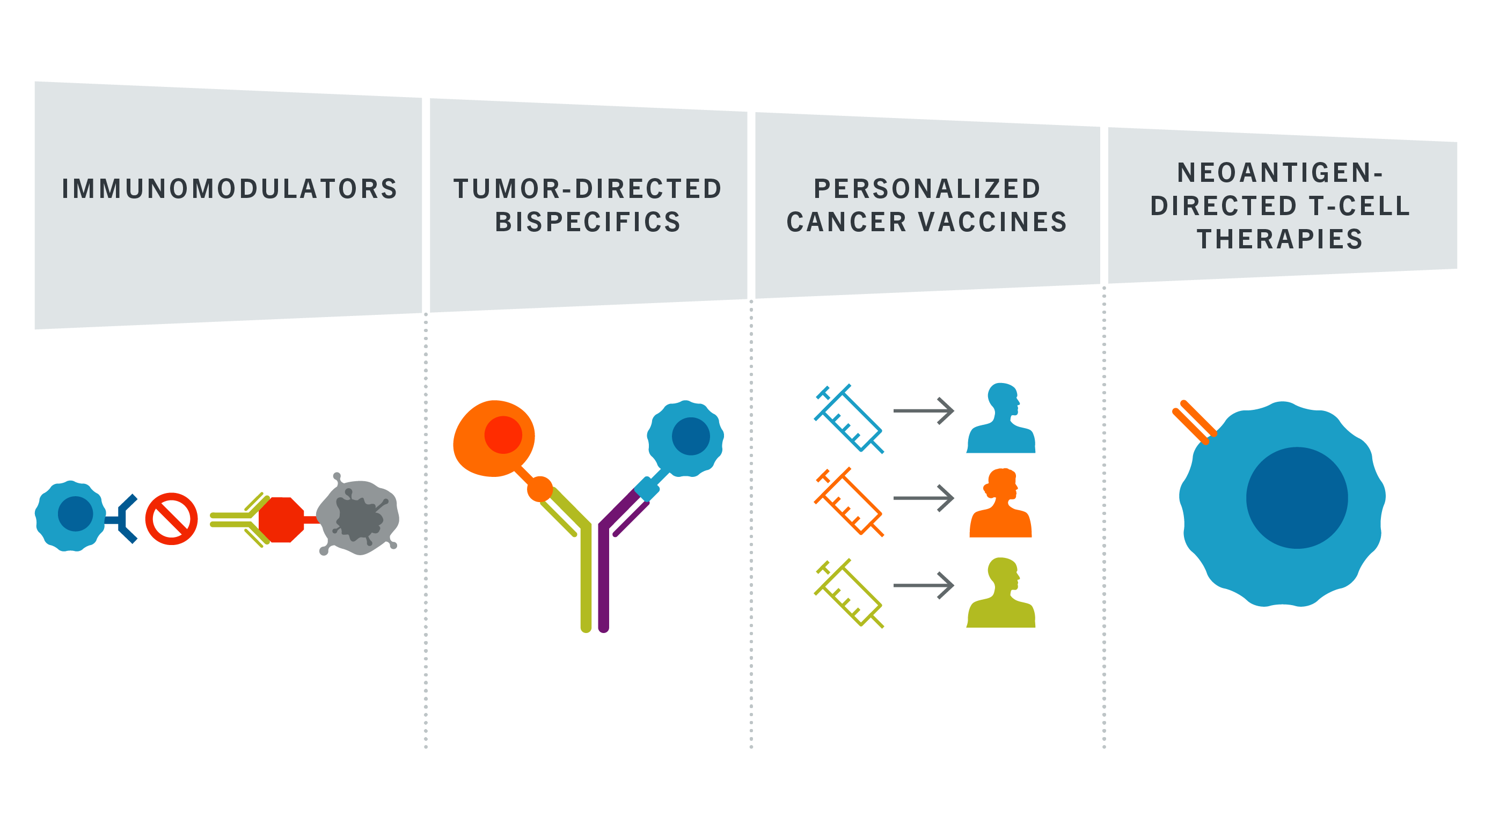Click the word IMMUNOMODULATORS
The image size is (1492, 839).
point(229,189)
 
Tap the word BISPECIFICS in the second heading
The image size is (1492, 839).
point(588,222)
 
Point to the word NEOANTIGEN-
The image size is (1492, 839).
point(1280,173)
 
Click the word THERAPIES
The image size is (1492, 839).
point(1280,239)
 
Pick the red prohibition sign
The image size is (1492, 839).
point(171,519)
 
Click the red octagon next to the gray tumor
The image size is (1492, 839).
point(281,519)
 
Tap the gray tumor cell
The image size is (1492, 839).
point(359,514)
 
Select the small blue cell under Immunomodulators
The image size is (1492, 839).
point(71,516)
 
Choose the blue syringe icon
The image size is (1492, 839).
point(849,418)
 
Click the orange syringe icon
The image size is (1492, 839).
point(849,502)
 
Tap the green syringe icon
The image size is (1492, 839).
point(849,593)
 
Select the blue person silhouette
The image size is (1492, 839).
point(1001,418)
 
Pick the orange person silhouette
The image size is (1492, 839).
point(1001,503)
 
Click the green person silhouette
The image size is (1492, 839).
point(1001,593)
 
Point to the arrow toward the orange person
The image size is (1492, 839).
point(924,498)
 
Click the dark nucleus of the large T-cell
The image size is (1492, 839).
point(1297,498)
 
